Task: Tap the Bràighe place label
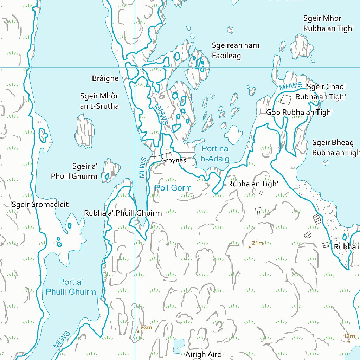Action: point(105,78)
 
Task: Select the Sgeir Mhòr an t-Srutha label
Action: point(99,101)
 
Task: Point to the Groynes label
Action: point(173,160)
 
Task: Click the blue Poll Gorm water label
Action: point(173,188)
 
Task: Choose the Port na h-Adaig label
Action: point(215,154)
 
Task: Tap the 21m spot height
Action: point(257,243)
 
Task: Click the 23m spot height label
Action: point(146,328)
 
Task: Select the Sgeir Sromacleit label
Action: point(40,204)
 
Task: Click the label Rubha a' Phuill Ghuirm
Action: point(123,213)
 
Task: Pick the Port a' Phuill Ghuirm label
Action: point(71,287)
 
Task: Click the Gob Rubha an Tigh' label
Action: point(299,112)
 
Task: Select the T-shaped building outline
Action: point(258,212)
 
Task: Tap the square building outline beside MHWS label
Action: point(286,99)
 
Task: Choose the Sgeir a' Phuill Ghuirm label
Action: point(74,171)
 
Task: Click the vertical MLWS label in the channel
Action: point(142,167)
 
